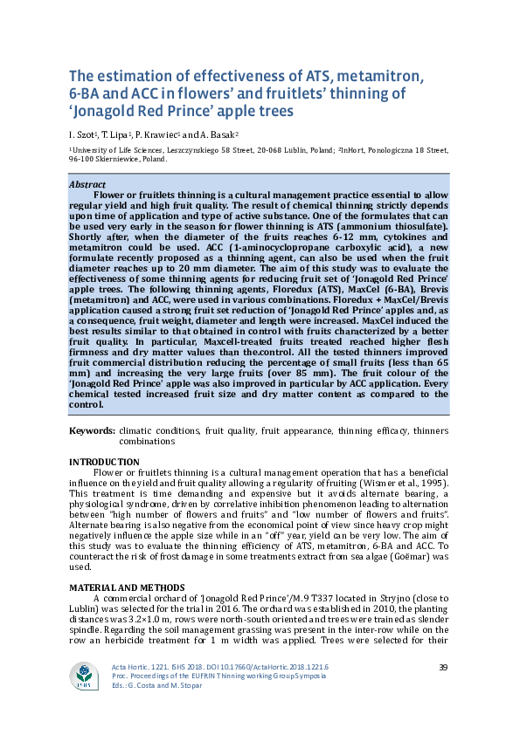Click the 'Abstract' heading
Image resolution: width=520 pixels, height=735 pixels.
pos(88,185)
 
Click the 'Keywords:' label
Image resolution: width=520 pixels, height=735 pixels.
pos(92,431)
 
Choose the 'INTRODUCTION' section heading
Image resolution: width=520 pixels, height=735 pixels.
pos(104,462)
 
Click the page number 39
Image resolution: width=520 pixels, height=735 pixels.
pos(442,668)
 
